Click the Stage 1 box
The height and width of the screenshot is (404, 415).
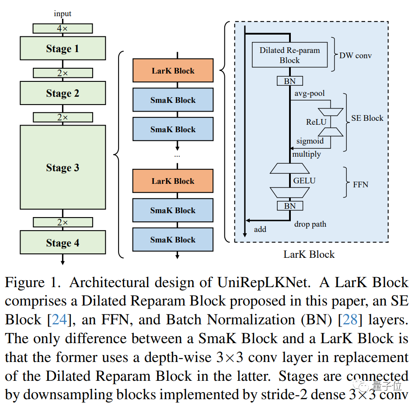(x=63, y=49)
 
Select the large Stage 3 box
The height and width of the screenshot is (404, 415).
(x=63, y=168)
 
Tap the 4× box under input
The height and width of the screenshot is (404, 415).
(x=63, y=28)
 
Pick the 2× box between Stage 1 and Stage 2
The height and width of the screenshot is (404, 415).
(x=63, y=73)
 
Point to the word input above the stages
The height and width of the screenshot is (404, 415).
(x=63, y=14)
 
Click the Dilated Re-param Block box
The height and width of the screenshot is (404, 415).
(x=289, y=55)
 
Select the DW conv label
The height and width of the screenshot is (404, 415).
(x=356, y=56)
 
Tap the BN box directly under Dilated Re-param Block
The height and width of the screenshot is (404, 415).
(x=289, y=81)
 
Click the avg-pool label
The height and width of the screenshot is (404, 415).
(x=310, y=94)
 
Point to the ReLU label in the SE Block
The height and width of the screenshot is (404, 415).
(x=316, y=122)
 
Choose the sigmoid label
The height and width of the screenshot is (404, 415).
(x=310, y=141)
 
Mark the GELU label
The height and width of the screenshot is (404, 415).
(x=304, y=180)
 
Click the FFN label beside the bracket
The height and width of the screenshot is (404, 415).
(x=360, y=185)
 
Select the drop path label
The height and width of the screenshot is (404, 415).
(x=310, y=225)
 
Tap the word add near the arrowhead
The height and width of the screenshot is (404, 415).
(x=260, y=229)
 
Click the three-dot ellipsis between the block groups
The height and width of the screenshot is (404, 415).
(x=177, y=155)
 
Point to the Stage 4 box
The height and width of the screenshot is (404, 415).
(x=63, y=243)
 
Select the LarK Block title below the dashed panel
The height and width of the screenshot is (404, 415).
(x=309, y=254)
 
